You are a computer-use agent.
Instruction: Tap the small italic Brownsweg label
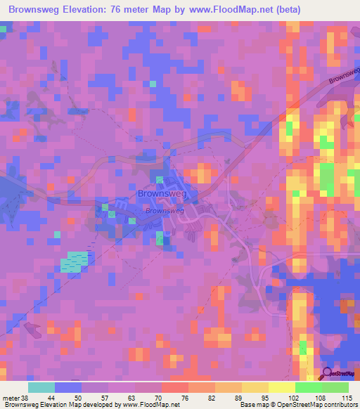[x=165, y=210]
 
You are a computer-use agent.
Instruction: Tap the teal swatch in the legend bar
[x=41, y=388]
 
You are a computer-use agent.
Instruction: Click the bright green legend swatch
[x=308, y=388]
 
